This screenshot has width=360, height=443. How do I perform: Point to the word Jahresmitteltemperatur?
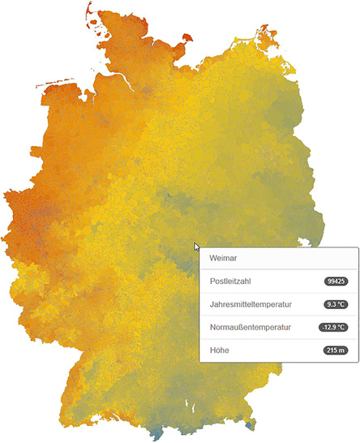tap(251, 304)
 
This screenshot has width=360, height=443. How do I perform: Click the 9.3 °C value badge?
tap(334, 304)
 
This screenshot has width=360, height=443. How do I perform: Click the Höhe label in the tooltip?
tap(218, 350)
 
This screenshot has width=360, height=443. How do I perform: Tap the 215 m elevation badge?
tap(334, 351)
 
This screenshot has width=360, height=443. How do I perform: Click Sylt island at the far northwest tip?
tap(87, 11)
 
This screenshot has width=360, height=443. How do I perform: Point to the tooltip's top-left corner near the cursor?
tap(200, 248)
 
